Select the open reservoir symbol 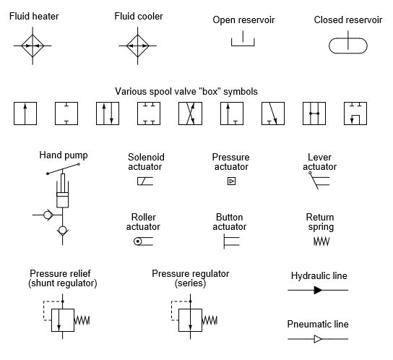point(243,41)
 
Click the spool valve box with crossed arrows point(190,113)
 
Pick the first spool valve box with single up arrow point(25,113)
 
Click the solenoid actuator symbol point(144,181)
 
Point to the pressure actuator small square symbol point(231,181)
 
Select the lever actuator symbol point(319,181)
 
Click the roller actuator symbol point(142,241)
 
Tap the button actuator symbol point(230,241)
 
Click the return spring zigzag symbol point(321,241)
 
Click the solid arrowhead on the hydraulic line point(318,290)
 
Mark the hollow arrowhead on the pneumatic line point(318,338)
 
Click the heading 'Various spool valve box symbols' point(186,92)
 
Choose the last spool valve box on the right point(355,113)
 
